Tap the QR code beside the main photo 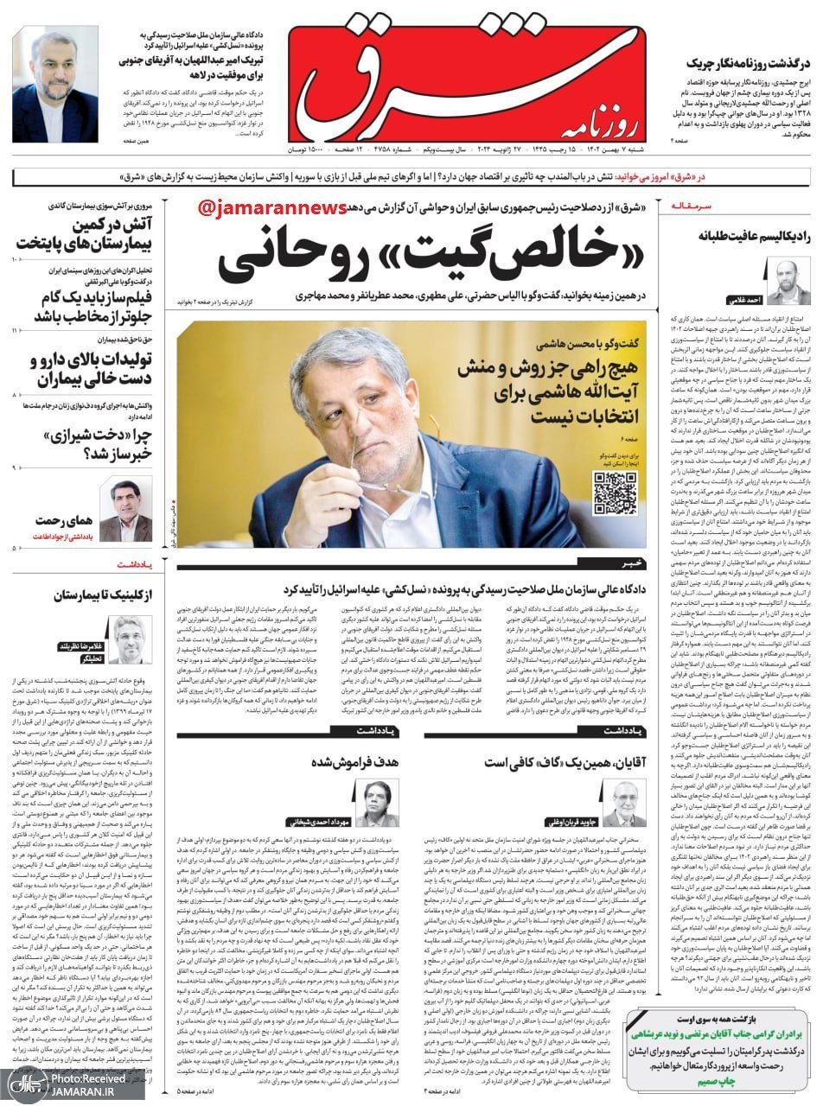tap(615, 493)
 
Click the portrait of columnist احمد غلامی tap(789, 280)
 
